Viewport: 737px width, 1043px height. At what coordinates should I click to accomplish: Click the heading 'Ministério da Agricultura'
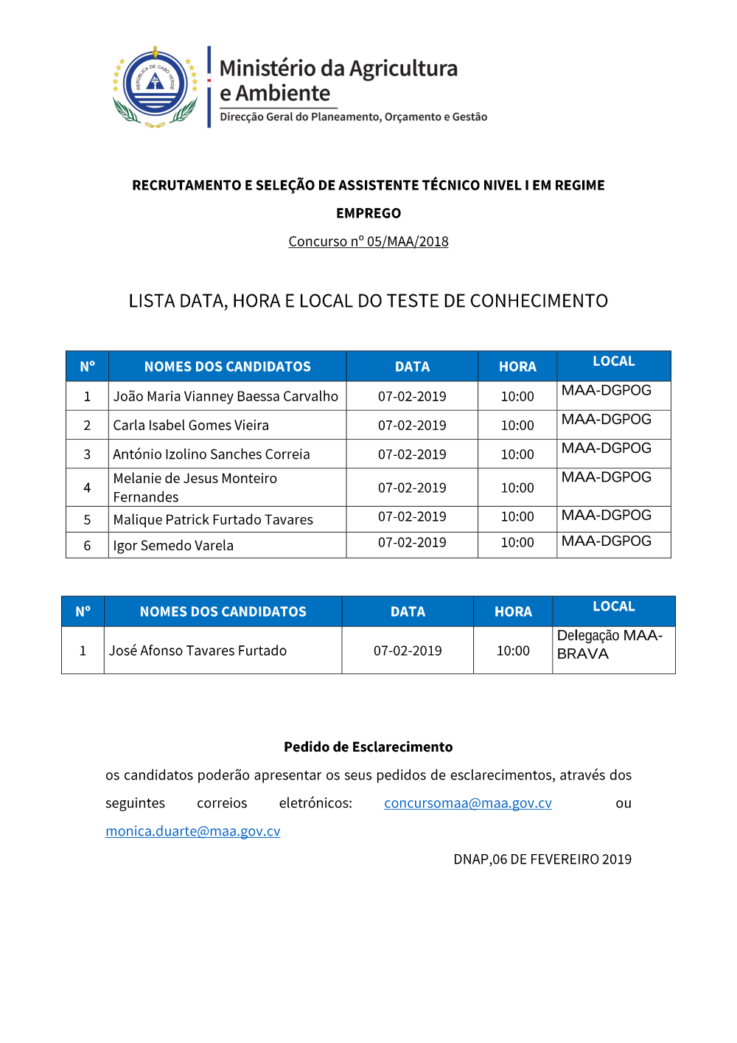point(338,69)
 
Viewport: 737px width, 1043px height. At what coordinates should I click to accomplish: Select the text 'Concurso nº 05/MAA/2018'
point(368,241)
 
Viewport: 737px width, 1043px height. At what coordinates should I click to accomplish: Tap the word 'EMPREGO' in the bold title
point(368,213)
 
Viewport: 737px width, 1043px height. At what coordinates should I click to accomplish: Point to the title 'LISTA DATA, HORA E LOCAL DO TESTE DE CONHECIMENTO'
point(368,301)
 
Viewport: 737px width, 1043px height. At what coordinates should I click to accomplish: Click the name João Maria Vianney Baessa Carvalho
point(226,396)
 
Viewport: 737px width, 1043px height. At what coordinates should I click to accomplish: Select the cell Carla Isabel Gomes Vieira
point(191,425)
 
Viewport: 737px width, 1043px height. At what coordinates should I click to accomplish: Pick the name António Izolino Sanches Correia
point(212,454)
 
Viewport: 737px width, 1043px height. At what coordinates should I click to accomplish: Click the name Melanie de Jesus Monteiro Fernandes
point(195,488)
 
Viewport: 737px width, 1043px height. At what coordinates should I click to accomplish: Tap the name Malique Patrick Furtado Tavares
point(213,519)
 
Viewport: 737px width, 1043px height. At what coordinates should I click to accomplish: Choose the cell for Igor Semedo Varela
point(173,545)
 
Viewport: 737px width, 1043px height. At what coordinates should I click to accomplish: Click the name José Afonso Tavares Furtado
point(198,651)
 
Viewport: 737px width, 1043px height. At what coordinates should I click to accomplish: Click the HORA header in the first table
point(517,367)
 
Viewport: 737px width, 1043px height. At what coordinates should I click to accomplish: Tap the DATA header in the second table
point(408,611)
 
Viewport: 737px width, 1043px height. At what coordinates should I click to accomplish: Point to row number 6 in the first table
point(87,545)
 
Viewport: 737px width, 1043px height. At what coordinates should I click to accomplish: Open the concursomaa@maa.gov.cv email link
point(468,803)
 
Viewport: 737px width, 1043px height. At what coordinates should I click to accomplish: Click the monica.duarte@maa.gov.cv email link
point(193,831)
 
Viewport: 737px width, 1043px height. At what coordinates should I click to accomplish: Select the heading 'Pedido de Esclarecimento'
point(368,747)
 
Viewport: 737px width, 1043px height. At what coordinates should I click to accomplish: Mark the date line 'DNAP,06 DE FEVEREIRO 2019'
point(542,859)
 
